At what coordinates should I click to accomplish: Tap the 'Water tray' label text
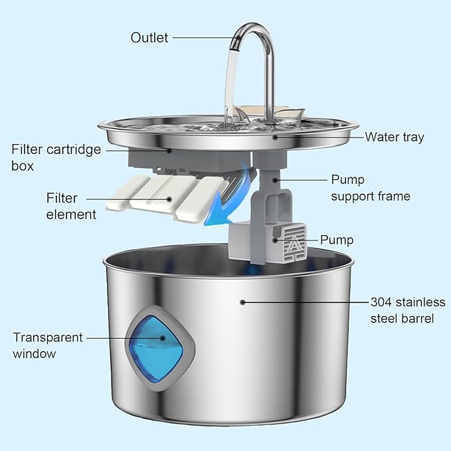click(x=394, y=137)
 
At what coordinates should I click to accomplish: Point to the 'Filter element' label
click(x=71, y=206)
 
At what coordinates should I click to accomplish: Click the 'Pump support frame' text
click(x=370, y=188)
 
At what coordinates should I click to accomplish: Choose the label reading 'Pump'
click(x=336, y=240)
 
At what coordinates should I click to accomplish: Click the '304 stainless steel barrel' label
click(x=402, y=310)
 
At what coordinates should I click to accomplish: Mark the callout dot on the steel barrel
click(x=243, y=302)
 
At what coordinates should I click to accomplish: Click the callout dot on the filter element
click(x=169, y=198)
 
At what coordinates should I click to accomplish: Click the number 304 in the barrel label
click(x=381, y=302)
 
